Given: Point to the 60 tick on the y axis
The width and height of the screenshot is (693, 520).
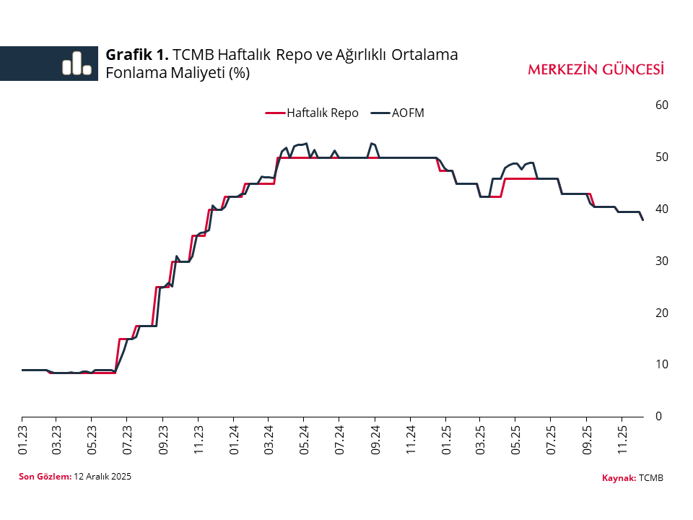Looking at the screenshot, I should pos(661,105).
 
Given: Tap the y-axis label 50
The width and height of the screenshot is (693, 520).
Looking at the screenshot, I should pos(661,157).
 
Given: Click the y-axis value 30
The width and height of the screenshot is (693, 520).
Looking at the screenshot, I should pos(661,261).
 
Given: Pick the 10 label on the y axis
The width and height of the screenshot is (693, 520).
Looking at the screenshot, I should pos(661,364).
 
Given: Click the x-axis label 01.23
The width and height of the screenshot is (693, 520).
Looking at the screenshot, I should pos(23,439).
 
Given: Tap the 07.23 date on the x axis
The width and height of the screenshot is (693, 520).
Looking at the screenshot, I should pos(127,439).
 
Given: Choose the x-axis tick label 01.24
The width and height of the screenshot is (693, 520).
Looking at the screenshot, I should pos(234,439).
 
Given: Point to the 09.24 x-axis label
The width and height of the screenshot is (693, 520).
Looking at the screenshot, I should pos(375,439).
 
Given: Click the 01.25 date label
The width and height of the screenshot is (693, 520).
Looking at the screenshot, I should pos(446,439).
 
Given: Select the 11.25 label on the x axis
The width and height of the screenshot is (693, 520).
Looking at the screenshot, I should pos(622,439).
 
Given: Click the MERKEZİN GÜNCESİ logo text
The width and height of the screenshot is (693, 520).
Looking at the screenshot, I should pos(596,69).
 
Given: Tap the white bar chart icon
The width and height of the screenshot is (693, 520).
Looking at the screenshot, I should pos(77,64).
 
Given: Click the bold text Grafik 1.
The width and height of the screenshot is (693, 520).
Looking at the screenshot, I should pos(137,54).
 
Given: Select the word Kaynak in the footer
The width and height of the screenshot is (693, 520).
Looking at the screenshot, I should pos(618,478).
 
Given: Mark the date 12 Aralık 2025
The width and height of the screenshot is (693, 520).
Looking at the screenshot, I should pos(103,477).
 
